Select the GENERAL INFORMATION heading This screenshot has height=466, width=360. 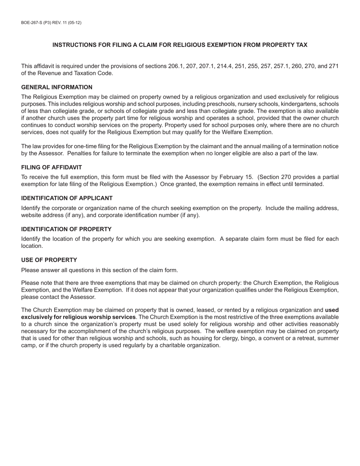click(57, 87)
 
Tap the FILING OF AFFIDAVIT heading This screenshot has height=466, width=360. click(52, 167)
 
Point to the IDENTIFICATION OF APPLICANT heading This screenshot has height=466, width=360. click(67, 198)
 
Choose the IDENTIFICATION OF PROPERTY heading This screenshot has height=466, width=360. click(66, 229)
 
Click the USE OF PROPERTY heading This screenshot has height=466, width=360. click(49, 260)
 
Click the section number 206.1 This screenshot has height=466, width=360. click(175, 66)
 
